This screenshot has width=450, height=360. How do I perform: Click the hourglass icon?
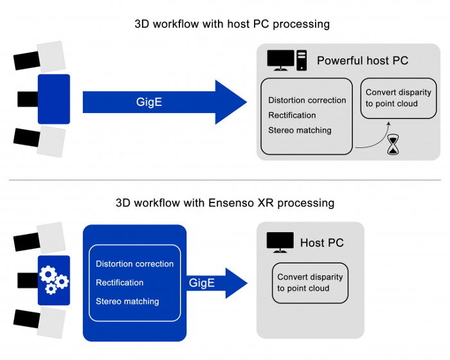click(392, 146)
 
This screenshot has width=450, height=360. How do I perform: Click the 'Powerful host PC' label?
click(363, 61)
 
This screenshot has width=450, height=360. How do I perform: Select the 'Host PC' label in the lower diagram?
click(322, 243)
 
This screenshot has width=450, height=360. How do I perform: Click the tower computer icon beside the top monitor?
click(301, 60)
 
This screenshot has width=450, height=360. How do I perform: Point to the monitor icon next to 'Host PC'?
click(280, 242)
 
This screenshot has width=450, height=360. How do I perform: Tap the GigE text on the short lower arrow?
click(201, 283)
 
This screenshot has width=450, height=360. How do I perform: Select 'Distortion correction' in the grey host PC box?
click(307, 100)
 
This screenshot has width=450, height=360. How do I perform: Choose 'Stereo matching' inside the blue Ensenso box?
click(127, 301)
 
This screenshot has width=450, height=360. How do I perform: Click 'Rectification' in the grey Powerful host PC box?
click(292, 115)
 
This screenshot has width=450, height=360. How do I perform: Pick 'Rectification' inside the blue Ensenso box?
click(120, 283)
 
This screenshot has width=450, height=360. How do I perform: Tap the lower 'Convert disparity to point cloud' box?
click(310, 283)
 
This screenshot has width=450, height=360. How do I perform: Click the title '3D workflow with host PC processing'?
click(232, 24)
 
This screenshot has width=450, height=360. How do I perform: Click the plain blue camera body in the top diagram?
click(54, 99)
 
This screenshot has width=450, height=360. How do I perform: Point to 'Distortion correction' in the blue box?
click(135, 264)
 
